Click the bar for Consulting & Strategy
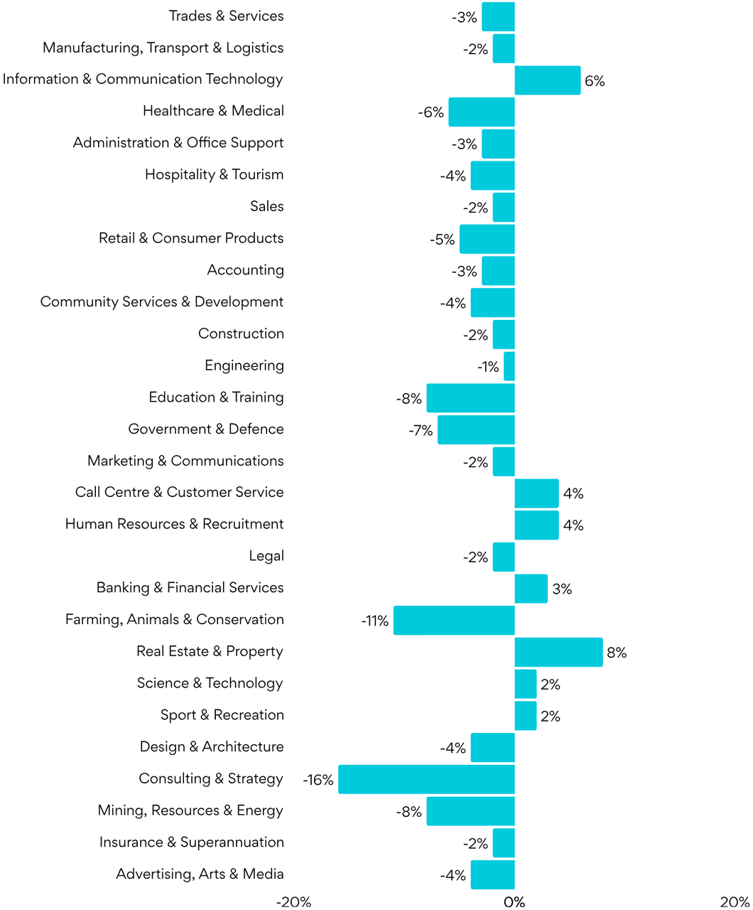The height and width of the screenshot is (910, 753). point(426,779)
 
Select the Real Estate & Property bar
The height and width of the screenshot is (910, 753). point(558,652)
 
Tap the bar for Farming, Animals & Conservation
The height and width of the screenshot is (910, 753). point(454,620)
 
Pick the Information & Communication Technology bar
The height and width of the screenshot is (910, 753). point(547,80)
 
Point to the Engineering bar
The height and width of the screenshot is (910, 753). point(509,366)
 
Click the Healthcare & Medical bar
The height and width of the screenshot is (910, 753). point(481,112)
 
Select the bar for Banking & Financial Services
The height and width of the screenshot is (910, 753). point(531,589)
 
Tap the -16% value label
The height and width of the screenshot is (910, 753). point(318,780)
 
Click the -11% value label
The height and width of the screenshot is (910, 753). point(374,621)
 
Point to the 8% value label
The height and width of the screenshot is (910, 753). point(617,653)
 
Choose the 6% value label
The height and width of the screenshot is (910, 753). point(595,81)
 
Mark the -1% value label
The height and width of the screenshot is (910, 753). point(488,367)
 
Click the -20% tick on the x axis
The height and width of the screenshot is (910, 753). point(293,902)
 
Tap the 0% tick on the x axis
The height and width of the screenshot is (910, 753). point(514,902)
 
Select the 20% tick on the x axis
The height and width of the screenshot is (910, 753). point(735,902)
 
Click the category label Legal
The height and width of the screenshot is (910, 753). point(266,556)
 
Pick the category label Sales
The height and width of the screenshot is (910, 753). point(266,206)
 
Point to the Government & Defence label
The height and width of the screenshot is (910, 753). point(206,429)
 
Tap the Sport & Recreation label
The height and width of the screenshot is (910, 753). point(222,715)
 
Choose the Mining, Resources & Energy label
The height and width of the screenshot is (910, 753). point(190,810)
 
